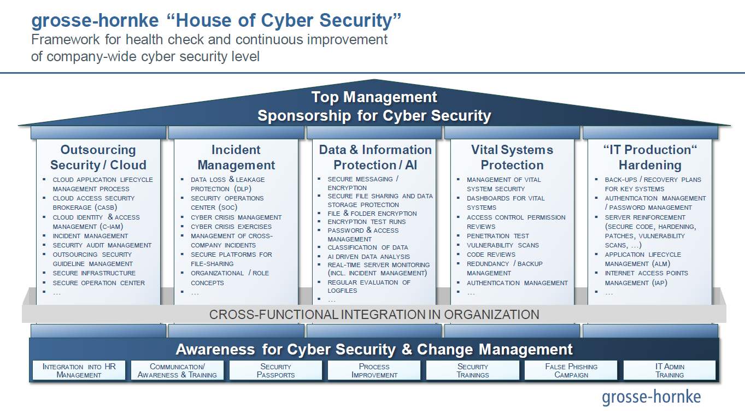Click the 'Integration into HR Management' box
[79, 370]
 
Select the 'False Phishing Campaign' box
[571, 370]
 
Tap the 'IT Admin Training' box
[670, 370]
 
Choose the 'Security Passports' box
[275, 370]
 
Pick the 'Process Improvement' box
[374, 370]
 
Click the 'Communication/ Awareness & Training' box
[177, 370]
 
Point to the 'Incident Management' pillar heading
[236, 157]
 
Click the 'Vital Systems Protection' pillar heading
[512, 157]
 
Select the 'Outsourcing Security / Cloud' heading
[98, 157]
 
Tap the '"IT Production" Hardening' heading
[650, 157]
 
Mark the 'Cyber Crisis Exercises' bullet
[231, 227]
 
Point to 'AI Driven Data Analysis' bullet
[368, 257]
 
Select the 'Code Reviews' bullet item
[491, 255]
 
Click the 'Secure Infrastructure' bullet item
[94, 273]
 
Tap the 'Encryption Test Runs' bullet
[367, 222]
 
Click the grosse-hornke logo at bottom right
[651, 397]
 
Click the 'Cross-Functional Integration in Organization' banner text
[374, 314]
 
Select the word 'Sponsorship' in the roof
[304, 116]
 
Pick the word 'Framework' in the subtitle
[65, 39]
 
